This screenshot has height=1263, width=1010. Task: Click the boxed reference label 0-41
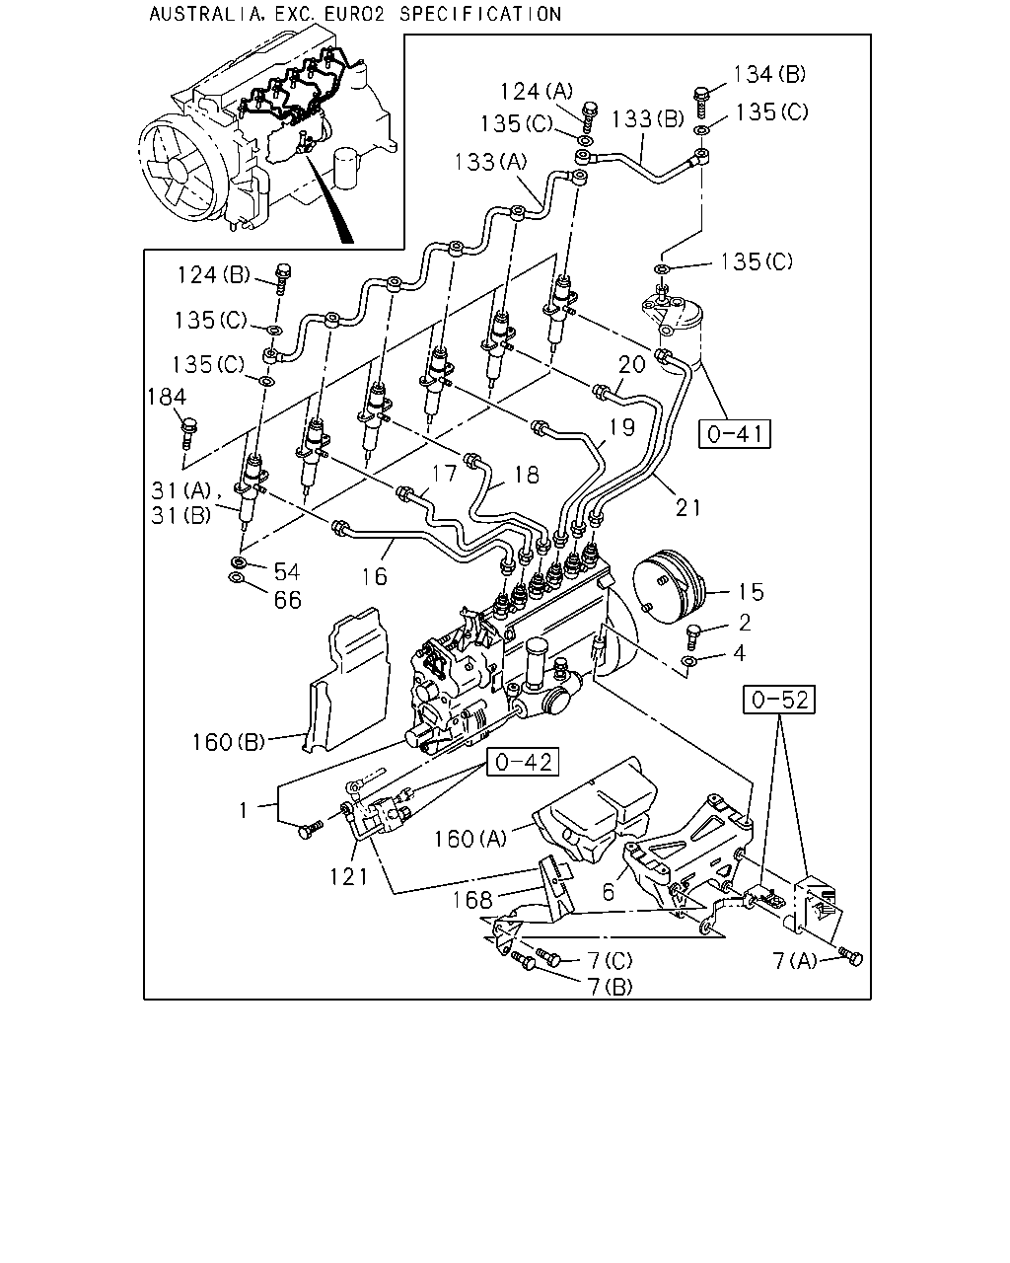[x=734, y=434]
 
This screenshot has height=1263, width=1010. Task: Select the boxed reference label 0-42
[x=523, y=762]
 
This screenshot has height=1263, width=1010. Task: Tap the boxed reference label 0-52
[x=779, y=700]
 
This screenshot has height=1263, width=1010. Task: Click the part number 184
[x=167, y=397]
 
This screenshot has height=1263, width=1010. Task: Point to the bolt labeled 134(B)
[x=700, y=102]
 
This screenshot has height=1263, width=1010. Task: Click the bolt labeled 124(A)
[x=589, y=117]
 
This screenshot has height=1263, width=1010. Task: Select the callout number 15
[x=751, y=592]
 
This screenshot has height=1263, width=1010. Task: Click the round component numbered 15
[x=672, y=586]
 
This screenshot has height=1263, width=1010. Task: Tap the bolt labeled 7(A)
[x=851, y=956]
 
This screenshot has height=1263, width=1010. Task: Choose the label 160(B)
[x=228, y=742]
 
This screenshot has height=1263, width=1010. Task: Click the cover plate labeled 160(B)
[x=346, y=681]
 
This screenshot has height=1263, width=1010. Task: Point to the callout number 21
[x=687, y=507]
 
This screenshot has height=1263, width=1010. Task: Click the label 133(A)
[x=490, y=162]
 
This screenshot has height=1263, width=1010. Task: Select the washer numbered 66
[x=236, y=578]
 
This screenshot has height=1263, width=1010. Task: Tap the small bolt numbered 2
[x=693, y=637]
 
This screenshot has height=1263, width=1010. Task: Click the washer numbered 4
[x=689, y=662]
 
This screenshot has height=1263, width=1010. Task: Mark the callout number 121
[x=348, y=877]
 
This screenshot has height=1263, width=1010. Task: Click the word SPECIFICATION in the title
[x=480, y=14]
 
